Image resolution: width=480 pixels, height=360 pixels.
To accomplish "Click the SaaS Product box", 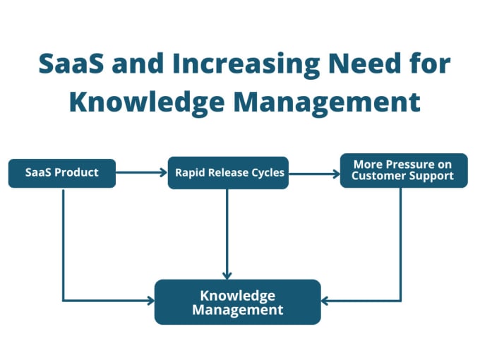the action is click(62, 173).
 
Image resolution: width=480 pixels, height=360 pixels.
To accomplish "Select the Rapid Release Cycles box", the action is click(228, 173).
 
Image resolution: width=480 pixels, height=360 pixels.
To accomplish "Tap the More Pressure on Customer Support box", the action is click(404, 171).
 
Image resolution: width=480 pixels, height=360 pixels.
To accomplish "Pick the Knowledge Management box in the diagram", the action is click(238, 302).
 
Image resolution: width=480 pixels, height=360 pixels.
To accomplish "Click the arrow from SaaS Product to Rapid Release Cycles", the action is click(141, 172).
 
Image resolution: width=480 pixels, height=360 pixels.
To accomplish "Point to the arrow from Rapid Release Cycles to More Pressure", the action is click(314, 174).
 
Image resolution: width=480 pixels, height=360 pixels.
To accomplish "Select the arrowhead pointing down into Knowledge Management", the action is click(227, 275).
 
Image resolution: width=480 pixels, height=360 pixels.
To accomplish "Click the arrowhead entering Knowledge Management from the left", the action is click(150, 301).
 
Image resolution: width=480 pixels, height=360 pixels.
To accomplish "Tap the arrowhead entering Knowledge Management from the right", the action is click(325, 301).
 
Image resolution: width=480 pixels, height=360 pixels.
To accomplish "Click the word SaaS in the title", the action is click(71, 64).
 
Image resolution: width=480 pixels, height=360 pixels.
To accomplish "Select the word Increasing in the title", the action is click(246, 65).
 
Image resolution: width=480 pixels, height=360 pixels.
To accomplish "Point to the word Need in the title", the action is click(364, 64).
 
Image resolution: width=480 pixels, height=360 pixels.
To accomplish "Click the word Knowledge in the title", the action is click(147, 102).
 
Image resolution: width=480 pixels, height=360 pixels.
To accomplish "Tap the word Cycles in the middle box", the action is click(268, 173).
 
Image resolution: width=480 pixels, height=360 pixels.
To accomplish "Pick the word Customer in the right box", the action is click(378, 176).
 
